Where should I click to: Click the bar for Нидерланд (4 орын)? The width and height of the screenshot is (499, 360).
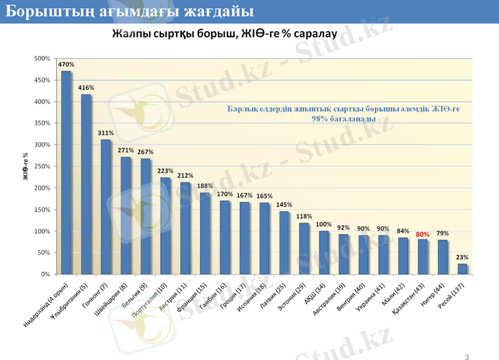click(66, 173)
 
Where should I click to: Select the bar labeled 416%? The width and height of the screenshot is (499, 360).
click(86, 185)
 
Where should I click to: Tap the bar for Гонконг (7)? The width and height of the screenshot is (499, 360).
click(106, 207)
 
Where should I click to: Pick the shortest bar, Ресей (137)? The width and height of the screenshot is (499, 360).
click(462, 269)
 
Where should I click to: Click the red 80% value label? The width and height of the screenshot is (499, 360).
click(422, 235)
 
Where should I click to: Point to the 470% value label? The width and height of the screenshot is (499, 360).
click(66, 64)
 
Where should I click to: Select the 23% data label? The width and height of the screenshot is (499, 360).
click(462, 257)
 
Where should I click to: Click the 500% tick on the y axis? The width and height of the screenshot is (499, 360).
click(42, 59)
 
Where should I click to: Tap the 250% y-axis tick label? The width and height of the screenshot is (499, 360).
click(42, 167)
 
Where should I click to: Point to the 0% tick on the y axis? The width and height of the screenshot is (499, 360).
click(45, 275)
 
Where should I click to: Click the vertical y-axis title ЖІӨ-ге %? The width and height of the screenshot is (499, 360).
click(26, 167)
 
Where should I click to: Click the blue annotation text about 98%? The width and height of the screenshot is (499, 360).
click(344, 114)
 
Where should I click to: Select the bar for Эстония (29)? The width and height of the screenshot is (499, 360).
click(304, 249)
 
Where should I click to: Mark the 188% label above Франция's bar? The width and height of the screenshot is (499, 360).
click(205, 186)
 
